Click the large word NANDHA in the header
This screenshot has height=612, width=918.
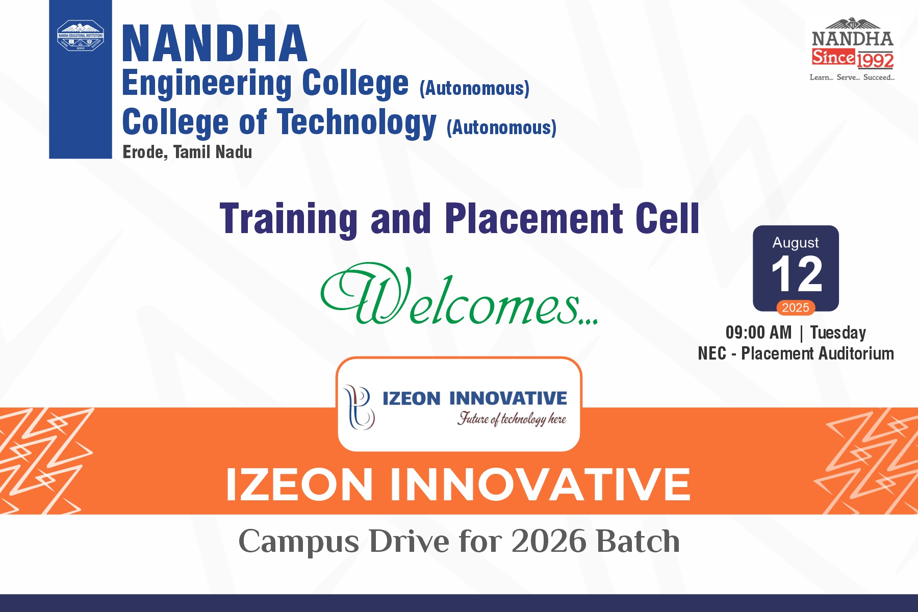(215, 44)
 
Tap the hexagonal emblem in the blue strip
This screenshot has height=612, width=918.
(81, 35)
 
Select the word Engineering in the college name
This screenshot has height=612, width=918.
(207, 84)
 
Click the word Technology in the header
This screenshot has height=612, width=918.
(357, 123)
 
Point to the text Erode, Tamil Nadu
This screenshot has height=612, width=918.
(187, 152)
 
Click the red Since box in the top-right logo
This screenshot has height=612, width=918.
(833, 57)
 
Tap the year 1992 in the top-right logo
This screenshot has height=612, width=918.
(875, 61)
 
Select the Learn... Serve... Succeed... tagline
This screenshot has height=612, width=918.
(852, 78)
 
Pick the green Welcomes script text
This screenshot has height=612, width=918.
(459, 295)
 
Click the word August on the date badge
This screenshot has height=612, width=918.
(796, 243)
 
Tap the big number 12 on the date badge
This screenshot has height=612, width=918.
(797, 274)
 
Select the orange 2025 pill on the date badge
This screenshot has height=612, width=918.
(796, 308)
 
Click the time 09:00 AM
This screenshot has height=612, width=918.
(758, 333)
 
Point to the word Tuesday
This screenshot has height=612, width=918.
(838, 333)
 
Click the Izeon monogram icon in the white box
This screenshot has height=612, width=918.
(360, 406)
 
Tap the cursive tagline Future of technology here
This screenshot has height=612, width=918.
(512, 419)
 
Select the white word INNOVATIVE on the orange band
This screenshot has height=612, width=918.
(540, 484)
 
